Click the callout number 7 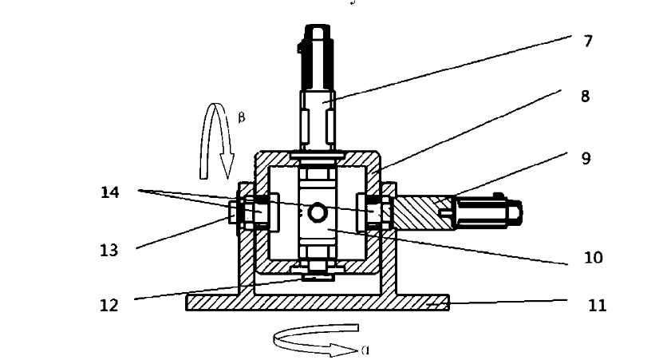(x=588, y=41)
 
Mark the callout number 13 (x=109, y=251)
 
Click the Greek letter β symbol (x=242, y=117)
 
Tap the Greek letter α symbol (x=364, y=350)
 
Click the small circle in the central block (x=318, y=212)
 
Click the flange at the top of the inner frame (x=318, y=155)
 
